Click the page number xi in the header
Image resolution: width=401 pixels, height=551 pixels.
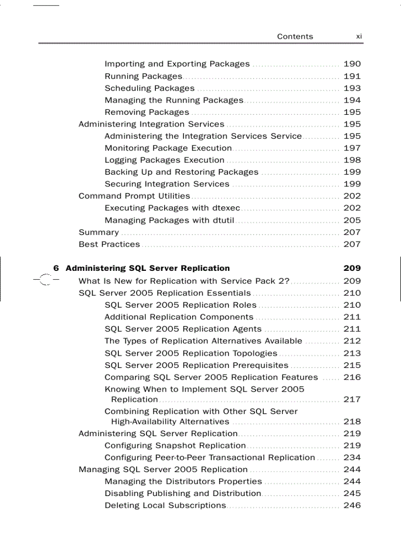(359, 36)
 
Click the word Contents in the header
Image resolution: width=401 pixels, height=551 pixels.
(295, 36)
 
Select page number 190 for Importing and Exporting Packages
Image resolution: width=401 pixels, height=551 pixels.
(352, 64)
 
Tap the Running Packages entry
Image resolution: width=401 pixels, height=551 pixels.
(143, 76)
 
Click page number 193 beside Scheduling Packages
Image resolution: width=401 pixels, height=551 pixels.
(352, 88)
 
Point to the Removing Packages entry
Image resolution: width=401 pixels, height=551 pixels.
(146, 112)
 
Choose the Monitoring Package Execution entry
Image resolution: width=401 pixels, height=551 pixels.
(168, 148)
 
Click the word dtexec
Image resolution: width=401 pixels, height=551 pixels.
(225, 208)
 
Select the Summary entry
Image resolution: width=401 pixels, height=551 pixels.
(99, 233)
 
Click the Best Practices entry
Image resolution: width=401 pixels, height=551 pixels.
(109, 244)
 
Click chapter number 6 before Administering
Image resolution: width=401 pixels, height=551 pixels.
(56, 268)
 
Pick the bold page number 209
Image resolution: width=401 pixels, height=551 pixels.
(352, 268)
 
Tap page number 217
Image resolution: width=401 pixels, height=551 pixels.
(352, 399)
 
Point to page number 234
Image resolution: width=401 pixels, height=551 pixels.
(352, 458)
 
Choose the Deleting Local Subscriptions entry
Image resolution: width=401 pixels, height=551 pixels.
(165, 505)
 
